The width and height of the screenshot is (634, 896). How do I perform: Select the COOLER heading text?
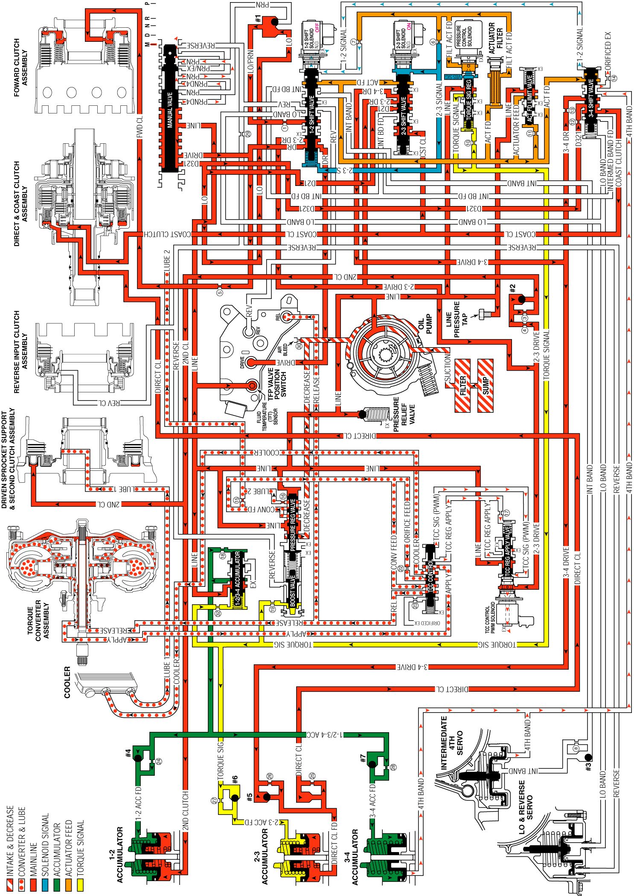point(67,682)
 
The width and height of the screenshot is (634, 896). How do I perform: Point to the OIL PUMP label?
point(425,325)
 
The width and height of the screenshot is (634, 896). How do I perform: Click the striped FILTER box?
point(463,385)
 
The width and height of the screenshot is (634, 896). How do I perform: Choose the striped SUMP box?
point(485,385)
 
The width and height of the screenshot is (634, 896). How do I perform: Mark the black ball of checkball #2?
point(521,299)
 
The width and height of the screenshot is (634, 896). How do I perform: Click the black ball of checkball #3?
point(588,757)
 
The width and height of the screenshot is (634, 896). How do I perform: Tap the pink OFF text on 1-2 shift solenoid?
point(317,27)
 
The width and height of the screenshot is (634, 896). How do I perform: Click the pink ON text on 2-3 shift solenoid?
point(409,26)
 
